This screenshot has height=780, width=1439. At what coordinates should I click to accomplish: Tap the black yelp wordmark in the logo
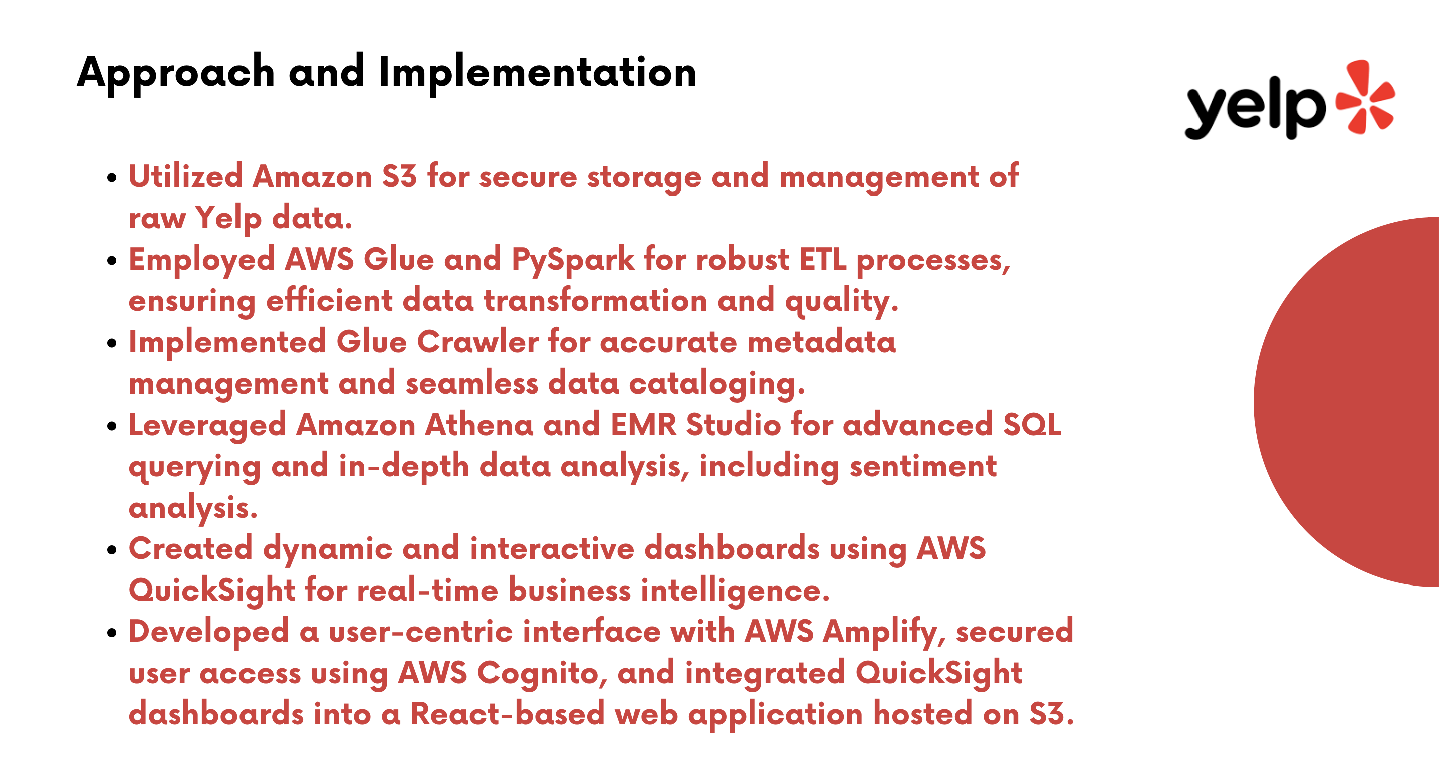coord(1255,107)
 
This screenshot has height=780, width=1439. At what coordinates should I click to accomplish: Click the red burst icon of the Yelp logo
coord(1365,97)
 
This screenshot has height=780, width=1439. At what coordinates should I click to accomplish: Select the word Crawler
coord(477,342)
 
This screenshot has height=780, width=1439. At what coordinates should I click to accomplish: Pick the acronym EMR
coord(643,425)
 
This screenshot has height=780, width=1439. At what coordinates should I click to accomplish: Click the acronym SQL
coord(1032,425)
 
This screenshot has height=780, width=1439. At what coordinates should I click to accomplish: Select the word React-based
coord(507,714)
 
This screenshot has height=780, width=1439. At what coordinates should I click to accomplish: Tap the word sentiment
coord(923,466)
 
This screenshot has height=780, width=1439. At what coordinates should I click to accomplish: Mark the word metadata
coord(821,342)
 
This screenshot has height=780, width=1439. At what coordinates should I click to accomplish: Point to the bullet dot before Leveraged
coord(112,426)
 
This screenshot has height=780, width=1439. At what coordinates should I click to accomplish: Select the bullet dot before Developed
coord(112,633)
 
